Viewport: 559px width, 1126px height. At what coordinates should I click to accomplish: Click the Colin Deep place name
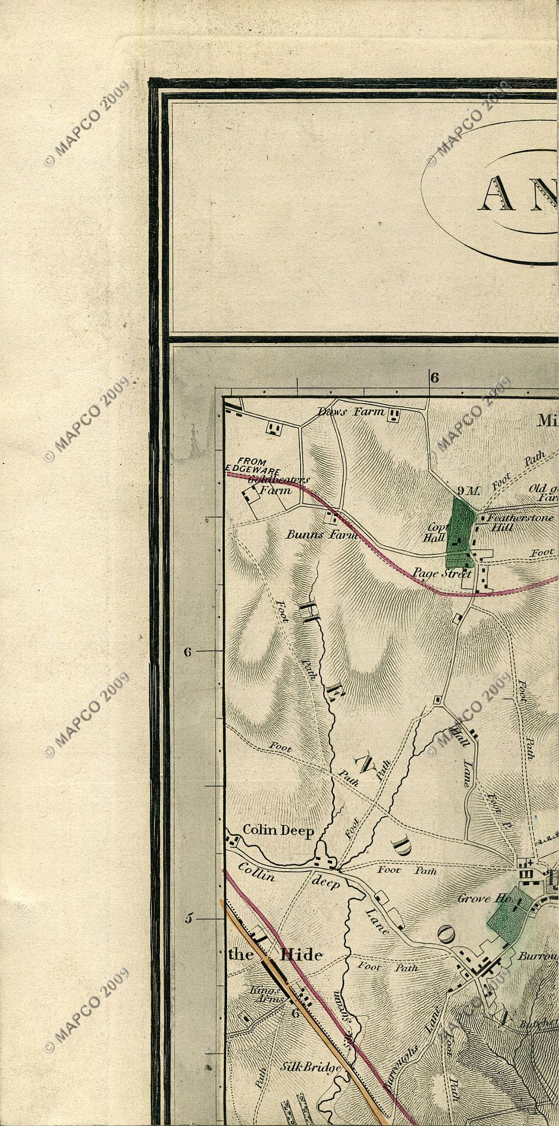pos(278,831)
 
